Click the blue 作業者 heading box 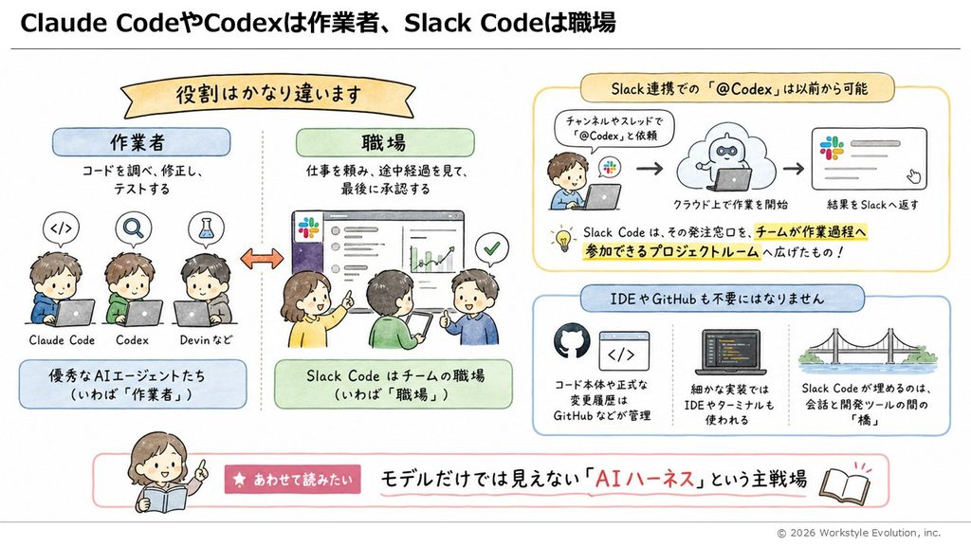(x=141, y=142)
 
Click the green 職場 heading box (x=385, y=142)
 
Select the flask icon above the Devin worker (x=206, y=228)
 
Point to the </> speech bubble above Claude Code (x=62, y=229)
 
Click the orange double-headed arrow (x=262, y=259)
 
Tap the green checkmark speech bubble (x=492, y=249)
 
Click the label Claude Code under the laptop (x=62, y=340)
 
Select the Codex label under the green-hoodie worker (x=133, y=340)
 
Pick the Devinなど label (x=206, y=340)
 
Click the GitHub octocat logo (x=572, y=341)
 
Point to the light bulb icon (x=563, y=238)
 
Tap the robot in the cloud (x=725, y=159)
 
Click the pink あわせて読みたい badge (x=292, y=479)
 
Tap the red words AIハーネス (x=644, y=479)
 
